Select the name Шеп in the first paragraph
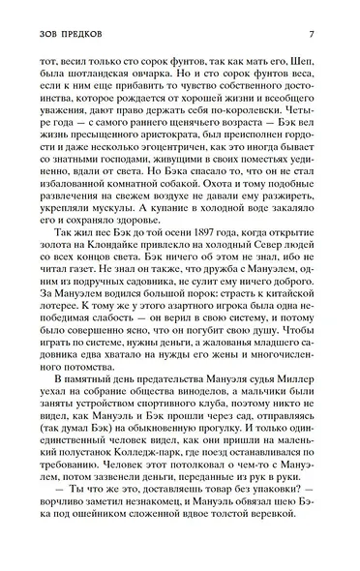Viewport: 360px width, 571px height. tap(308, 58)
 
